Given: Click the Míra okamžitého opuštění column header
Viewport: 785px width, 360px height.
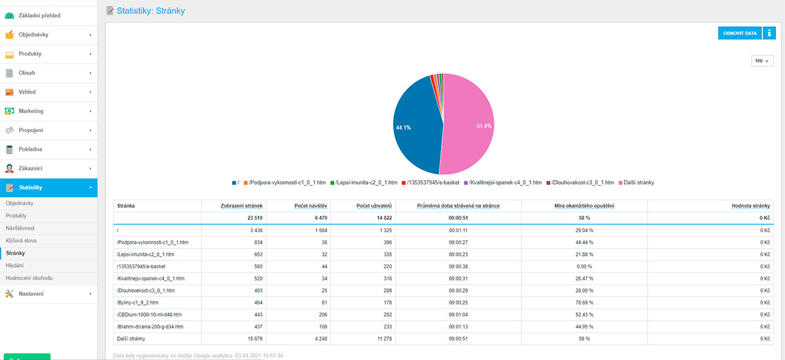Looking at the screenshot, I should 584,206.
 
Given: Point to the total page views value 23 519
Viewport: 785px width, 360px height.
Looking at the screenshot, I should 250,217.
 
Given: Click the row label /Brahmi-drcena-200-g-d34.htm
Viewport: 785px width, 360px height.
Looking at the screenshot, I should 150,327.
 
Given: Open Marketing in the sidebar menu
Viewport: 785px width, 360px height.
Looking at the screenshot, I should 31,111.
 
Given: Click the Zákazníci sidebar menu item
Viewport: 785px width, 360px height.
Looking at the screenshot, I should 31,168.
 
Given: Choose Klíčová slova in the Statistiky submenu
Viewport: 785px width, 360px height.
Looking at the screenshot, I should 22,240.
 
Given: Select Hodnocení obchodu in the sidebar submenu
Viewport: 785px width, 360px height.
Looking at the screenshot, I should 29,278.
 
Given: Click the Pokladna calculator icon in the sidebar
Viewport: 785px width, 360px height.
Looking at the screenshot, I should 9,149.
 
